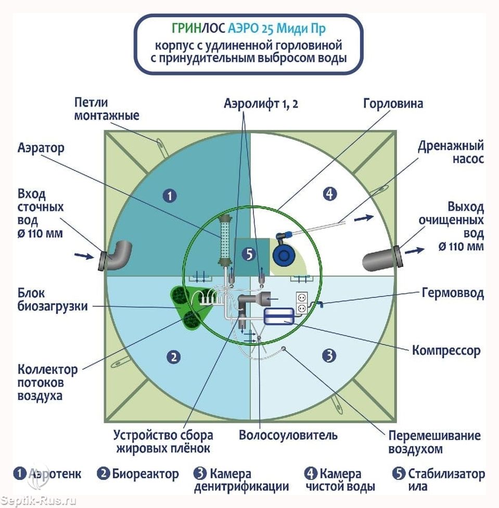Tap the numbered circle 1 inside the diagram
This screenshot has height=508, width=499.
(170, 196)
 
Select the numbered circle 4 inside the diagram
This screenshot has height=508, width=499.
(329, 194)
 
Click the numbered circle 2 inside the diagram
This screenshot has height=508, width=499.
(173, 357)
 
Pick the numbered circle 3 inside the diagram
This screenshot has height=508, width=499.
(328, 356)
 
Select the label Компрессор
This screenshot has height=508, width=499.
(446, 350)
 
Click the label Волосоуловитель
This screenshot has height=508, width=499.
(288, 435)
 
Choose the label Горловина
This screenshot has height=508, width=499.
(392, 103)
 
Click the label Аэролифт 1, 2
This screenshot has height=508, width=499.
(261, 103)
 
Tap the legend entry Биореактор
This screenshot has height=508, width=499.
(138, 474)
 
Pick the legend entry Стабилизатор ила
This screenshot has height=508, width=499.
(440, 479)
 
